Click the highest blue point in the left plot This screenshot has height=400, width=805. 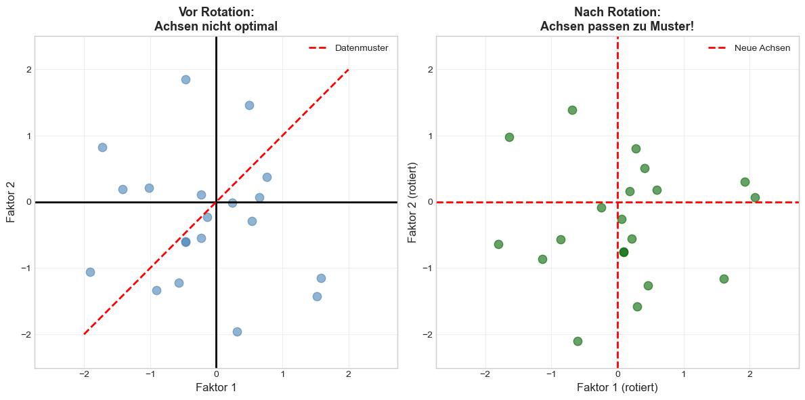(186, 79)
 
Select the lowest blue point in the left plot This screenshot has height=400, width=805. (237, 332)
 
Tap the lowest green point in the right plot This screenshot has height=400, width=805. (578, 341)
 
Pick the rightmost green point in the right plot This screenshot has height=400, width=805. (755, 197)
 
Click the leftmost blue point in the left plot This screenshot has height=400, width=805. (90, 272)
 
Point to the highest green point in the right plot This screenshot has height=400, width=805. (572, 110)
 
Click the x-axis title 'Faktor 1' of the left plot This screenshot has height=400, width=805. (216, 388)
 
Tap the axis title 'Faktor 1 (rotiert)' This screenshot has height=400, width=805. (617, 388)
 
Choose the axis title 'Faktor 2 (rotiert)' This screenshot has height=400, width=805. (412, 202)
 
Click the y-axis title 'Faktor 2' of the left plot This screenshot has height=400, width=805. (11, 202)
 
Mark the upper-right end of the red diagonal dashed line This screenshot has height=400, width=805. (349, 69)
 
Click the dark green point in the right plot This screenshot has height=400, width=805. (624, 252)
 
